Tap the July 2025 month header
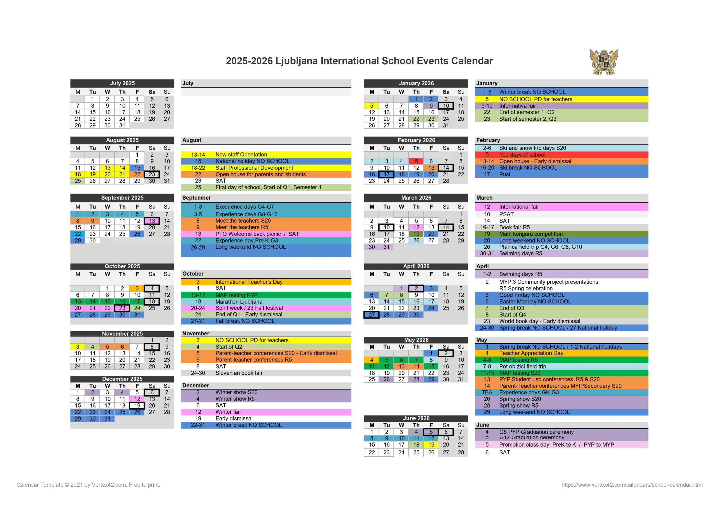[122, 83]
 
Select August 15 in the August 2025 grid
[137, 168]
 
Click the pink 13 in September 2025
[152, 221]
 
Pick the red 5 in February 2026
[416, 161]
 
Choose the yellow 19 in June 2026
[431, 445]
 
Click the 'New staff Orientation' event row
[241, 155]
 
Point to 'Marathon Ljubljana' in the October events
[239, 302]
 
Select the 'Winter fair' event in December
[228, 412]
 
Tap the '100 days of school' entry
[522, 155]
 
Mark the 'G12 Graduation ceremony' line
[531, 438]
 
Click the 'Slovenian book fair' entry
[239, 373]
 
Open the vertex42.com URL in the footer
[632, 484]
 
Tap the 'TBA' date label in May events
[487, 392]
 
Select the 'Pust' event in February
[504, 174]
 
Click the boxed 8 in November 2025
[152, 347]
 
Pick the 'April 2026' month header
[416, 266]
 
